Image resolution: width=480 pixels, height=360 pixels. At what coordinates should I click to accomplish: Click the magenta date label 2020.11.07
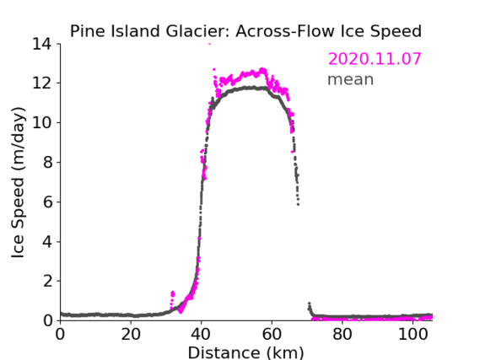(375, 59)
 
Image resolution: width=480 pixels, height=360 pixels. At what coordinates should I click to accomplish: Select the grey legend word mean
(351, 79)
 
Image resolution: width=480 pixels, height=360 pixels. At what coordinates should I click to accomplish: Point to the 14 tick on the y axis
(42, 45)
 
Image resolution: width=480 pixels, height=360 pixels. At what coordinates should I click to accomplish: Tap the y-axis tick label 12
(42, 83)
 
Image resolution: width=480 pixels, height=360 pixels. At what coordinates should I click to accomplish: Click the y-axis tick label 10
(42, 122)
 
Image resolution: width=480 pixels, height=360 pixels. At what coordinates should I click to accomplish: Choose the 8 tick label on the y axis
(48, 162)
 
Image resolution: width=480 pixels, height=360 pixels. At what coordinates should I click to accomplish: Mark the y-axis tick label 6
(48, 201)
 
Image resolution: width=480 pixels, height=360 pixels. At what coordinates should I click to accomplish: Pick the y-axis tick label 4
(48, 242)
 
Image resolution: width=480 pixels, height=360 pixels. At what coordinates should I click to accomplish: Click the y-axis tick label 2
(48, 281)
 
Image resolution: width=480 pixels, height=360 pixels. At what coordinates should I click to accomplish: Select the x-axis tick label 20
(131, 335)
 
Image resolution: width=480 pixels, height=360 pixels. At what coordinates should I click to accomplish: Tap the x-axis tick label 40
(201, 335)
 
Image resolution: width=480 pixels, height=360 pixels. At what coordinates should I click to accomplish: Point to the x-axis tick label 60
(272, 335)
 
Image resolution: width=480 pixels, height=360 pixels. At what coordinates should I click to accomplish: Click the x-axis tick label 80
(342, 335)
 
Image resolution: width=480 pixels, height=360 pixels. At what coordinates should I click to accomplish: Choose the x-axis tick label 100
(413, 335)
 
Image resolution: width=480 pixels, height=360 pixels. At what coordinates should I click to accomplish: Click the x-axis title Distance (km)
(245, 352)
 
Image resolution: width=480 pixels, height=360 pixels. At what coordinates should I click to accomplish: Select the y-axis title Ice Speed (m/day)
(18, 182)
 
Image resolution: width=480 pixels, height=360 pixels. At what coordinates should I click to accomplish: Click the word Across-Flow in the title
(284, 31)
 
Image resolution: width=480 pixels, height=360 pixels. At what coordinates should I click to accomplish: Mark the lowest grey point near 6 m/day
(298, 204)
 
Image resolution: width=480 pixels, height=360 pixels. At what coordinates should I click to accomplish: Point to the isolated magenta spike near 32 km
(172, 294)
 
